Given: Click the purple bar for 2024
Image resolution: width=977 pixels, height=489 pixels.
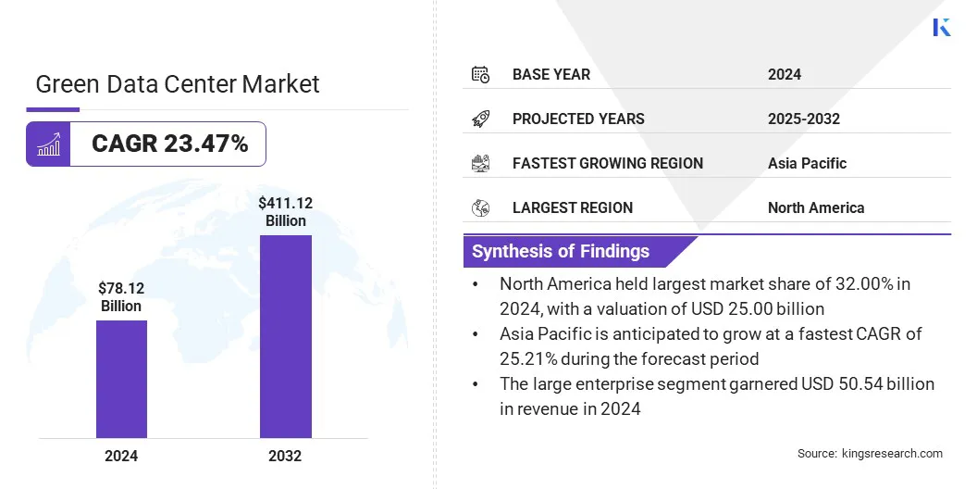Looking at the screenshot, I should [121, 379].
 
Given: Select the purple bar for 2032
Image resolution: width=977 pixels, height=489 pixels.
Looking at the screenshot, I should [286, 336].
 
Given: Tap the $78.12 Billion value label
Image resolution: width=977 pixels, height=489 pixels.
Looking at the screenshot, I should [121, 296].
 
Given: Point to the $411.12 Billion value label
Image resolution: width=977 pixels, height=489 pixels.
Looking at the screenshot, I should [286, 211].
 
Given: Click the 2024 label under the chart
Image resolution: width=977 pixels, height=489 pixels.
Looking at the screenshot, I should [121, 456].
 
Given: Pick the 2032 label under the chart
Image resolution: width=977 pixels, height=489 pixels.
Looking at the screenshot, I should [286, 456].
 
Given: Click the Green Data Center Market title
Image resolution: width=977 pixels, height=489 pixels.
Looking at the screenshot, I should [178, 84].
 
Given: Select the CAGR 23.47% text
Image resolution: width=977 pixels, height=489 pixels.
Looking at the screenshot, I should [169, 144].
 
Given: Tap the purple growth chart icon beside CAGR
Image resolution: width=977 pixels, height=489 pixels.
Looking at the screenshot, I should [48, 144].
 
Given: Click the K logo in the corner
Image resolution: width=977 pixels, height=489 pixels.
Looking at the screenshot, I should [942, 27].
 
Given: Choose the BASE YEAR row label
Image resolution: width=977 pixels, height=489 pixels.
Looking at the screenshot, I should [551, 74].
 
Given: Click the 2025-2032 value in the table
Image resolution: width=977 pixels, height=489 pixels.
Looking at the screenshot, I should [803, 119].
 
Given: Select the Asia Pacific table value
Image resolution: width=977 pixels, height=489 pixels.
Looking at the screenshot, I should [807, 163].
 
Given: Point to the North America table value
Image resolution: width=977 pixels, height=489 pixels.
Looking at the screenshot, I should [815, 207].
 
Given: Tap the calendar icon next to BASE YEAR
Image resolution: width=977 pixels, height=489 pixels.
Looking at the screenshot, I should [480, 74].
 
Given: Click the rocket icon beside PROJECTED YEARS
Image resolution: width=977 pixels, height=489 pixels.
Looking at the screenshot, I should [480, 119].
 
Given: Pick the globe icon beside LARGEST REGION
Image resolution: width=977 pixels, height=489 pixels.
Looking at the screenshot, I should [480, 207].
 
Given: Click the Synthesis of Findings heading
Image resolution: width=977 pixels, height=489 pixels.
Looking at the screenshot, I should [561, 251].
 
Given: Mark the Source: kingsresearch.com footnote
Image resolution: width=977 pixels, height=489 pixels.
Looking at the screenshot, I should [870, 453].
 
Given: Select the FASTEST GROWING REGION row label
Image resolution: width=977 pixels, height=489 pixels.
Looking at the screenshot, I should [608, 163].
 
